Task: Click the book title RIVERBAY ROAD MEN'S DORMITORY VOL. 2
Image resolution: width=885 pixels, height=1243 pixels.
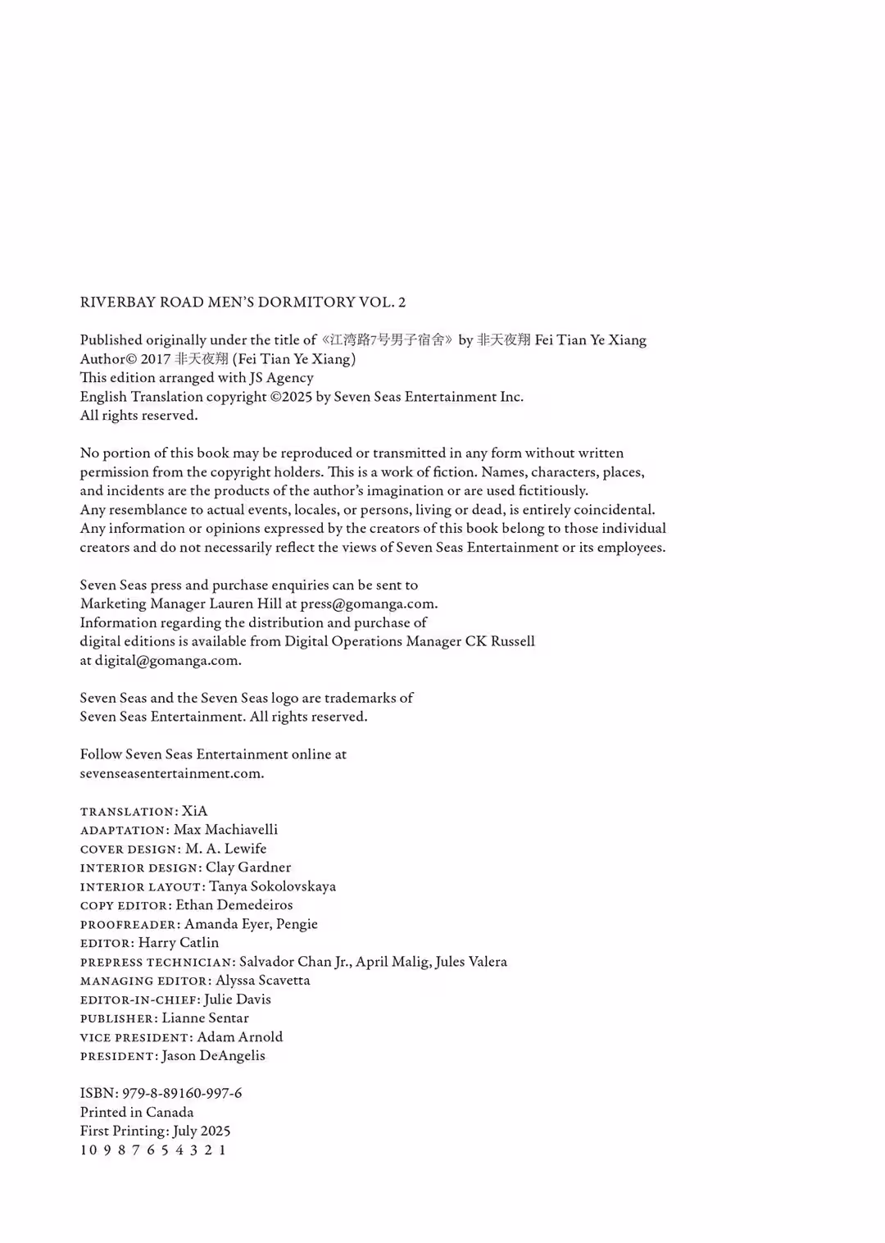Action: [243, 303]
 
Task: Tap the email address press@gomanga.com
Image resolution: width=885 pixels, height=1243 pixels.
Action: [368, 604]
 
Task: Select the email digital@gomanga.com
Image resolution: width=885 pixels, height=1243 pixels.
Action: [167, 661]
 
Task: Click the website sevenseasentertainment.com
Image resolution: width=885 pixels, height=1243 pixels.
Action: [171, 774]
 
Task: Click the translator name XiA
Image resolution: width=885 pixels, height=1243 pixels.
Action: [195, 812]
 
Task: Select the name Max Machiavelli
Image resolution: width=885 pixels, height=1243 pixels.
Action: [225, 830]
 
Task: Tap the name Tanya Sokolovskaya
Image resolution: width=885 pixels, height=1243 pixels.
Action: [272, 886]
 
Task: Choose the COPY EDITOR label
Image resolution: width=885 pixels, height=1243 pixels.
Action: [125, 906]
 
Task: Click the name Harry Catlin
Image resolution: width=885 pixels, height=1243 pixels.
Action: [179, 943]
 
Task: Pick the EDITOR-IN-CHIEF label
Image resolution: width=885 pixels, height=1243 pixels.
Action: [139, 1000]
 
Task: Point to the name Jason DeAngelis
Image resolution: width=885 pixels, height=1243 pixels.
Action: [213, 1056]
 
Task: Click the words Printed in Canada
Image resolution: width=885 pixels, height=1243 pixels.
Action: [137, 1113]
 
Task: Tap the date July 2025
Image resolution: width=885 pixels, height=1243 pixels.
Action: [202, 1131]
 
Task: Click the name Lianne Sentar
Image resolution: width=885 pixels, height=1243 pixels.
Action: [205, 1018]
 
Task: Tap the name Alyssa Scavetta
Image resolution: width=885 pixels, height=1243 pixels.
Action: [262, 981]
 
